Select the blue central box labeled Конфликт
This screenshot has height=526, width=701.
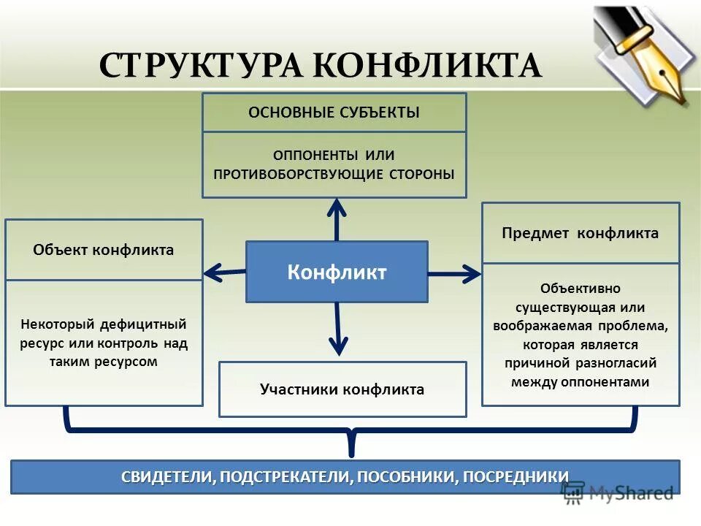click(337, 272)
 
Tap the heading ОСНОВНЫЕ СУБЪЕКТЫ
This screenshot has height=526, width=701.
click(334, 113)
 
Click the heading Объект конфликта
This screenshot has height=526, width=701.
click(104, 250)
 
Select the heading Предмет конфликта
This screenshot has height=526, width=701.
click(581, 233)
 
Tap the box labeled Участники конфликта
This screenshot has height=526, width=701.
click(342, 389)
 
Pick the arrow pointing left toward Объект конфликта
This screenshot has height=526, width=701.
click(223, 272)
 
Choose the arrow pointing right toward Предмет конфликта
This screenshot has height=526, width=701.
click(456, 274)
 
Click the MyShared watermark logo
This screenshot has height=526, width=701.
click(621, 493)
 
